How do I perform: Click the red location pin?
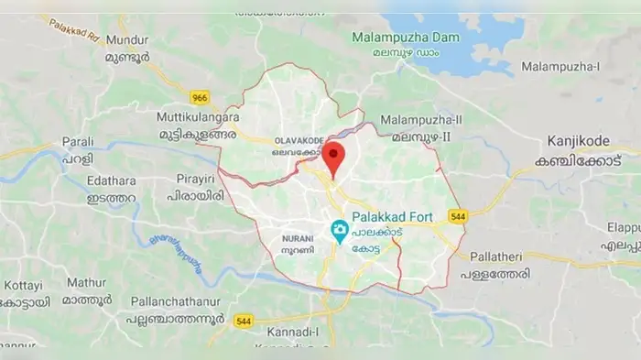pos(333,157)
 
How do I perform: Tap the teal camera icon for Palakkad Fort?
pos(340,230)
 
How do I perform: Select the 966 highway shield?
pos(201,97)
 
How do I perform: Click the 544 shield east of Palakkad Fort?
pos(458,217)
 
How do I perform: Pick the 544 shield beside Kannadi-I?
pos(244,321)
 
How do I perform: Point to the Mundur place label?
pos(127,39)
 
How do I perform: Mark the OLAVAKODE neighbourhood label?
pos(298,140)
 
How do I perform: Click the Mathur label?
pos(86,283)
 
